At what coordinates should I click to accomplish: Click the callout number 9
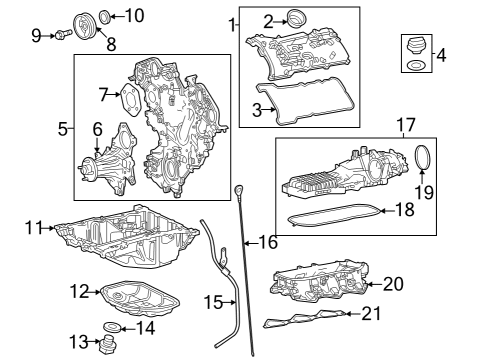[x=36, y=35]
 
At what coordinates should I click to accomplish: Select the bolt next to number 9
[x=63, y=34]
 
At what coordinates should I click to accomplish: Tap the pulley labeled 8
[x=85, y=26]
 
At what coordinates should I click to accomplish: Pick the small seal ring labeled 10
[x=105, y=17]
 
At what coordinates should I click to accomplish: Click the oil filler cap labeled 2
[x=297, y=19]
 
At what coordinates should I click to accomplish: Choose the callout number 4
[x=441, y=55]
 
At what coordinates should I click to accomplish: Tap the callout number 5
[x=63, y=129]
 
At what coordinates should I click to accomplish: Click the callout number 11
[x=34, y=228]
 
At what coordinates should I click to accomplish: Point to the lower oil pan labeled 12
[x=140, y=299]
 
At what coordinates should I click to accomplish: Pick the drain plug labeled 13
[x=107, y=343]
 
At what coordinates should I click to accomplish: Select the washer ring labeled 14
[x=112, y=327]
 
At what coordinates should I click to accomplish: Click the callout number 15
[x=213, y=302]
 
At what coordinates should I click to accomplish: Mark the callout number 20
[x=393, y=284]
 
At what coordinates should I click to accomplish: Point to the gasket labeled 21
[x=305, y=319]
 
